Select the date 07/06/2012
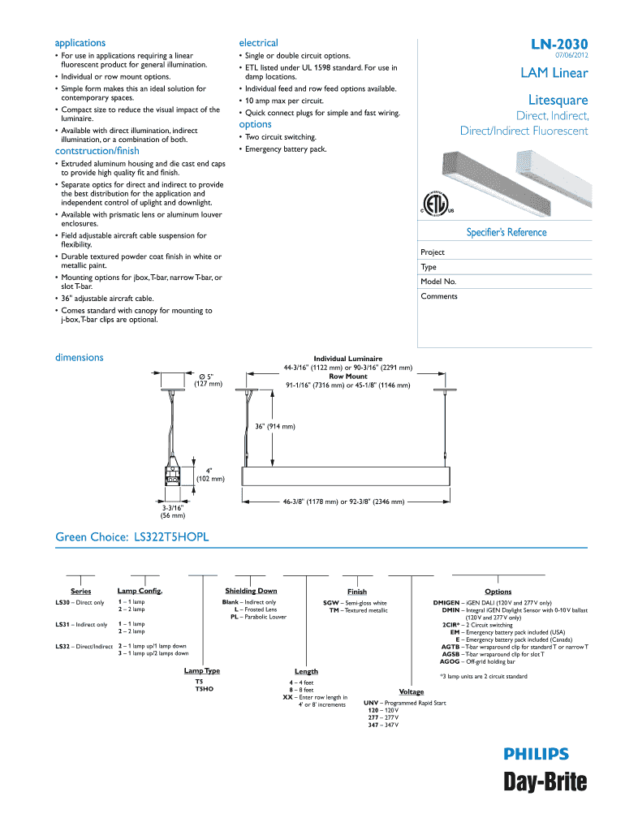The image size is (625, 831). coord(571,55)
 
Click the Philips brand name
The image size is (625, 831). coord(536,754)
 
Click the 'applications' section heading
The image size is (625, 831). coord(80,43)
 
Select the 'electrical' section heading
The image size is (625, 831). coord(258,43)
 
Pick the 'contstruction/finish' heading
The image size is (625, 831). coord(97,151)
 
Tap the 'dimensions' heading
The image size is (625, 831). coord(79,357)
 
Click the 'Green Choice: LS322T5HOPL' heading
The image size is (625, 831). coord(131,537)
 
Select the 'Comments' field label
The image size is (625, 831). coord(439,296)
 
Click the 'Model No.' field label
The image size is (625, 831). coord(438,282)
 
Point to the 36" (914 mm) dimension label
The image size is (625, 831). coord(274,426)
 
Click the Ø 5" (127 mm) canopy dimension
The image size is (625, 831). coord(209,380)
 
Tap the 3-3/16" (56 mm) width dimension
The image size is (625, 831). coord(172,511)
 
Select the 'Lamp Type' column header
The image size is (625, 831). coord(202,671)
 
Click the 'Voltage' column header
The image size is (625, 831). coord(412,691)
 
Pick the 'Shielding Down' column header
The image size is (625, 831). coord(251,591)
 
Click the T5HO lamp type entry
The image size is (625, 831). coord(204,689)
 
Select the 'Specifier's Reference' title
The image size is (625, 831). coord(506,233)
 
